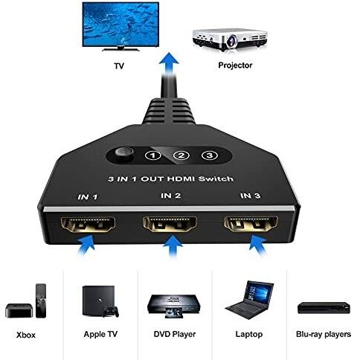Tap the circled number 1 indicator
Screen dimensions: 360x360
[x=152, y=155]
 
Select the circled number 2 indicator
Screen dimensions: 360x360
[x=181, y=155]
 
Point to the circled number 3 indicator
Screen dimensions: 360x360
[x=210, y=155]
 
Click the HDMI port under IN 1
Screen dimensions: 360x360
[x=88, y=224]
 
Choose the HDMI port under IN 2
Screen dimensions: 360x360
[x=170, y=224]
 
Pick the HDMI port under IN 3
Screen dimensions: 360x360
[x=251, y=224]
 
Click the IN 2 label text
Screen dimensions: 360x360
[x=170, y=196]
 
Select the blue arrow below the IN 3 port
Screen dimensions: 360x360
[x=258, y=245]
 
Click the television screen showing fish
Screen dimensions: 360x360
[x=120, y=24]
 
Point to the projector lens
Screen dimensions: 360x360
[x=232, y=39]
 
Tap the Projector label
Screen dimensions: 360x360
[x=235, y=65]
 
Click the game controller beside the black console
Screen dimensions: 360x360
[x=111, y=312]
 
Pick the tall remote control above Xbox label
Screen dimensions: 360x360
[x=41, y=300]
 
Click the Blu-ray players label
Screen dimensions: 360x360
[x=324, y=334]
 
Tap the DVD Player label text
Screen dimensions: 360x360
[x=175, y=334]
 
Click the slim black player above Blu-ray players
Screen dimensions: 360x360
[x=324, y=308]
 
